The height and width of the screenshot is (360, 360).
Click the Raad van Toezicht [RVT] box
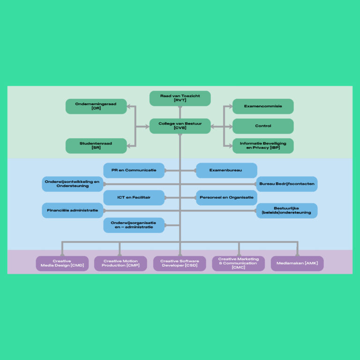click(x=180, y=98)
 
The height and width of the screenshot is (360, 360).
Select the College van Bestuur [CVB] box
click(x=180, y=126)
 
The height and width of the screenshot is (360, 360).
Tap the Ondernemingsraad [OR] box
click(x=96, y=106)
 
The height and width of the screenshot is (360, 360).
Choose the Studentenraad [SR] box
click(x=96, y=146)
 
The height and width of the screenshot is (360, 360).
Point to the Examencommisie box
click(x=263, y=106)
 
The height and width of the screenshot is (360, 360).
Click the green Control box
click(x=263, y=126)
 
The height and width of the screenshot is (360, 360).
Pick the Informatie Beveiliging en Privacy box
click(x=263, y=146)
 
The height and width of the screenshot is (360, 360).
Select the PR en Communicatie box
click(x=134, y=170)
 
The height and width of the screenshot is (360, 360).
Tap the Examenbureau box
click(x=226, y=170)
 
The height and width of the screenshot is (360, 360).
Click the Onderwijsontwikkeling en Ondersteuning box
click(x=72, y=184)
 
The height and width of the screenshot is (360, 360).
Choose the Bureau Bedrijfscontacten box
click(x=287, y=184)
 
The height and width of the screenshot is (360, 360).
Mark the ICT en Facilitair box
click(x=134, y=198)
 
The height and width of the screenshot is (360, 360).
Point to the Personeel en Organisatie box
click(x=226, y=198)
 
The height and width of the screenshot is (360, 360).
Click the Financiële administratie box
click(x=72, y=210)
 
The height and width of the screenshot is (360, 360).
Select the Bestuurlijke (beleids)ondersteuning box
click(x=287, y=210)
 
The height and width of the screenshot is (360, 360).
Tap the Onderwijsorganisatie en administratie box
click(x=134, y=225)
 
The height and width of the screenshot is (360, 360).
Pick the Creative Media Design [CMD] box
click(x=62, y=263)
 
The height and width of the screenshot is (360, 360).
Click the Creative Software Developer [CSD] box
click(x=180, y=263)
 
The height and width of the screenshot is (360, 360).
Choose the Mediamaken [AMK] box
click(x=297, y=263)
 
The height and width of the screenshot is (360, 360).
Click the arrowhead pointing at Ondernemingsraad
click(x=129, y=106)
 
